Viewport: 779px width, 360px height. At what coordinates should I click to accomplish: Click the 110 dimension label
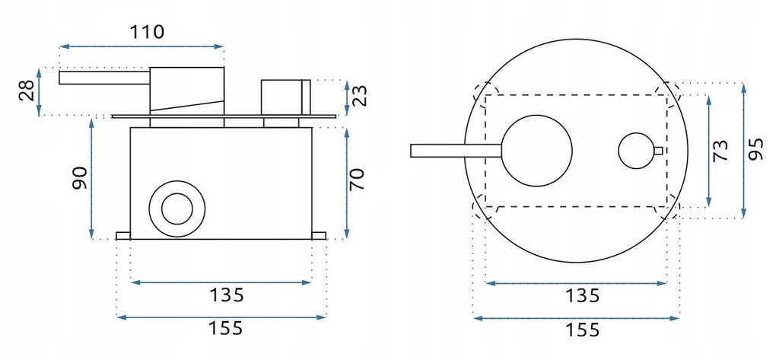pyautogui.click(x=145, y=32)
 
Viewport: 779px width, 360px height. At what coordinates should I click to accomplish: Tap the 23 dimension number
pyautogui.click(x=362, y=96)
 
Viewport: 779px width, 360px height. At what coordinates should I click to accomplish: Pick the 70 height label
pyautogui.click(x=358, y=180)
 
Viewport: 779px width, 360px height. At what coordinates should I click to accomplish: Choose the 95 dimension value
pyautogui.click(x=755, y=150)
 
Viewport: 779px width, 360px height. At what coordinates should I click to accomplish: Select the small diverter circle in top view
pyautogui.click(x=636, y=150)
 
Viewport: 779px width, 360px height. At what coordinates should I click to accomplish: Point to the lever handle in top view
pyautogui.click(x=455, y=151)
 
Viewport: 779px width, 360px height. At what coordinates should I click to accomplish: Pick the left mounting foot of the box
pyautogui.click(x=123, y=236)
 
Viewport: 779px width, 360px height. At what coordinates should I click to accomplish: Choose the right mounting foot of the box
pyautogui.click(x=319, y=236)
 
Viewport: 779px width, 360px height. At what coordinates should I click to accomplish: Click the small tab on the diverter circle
pyautogui.click(x=658, y=150)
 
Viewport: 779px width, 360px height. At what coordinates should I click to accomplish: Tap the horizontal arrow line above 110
pyautogui.click(x=141, y=47)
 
